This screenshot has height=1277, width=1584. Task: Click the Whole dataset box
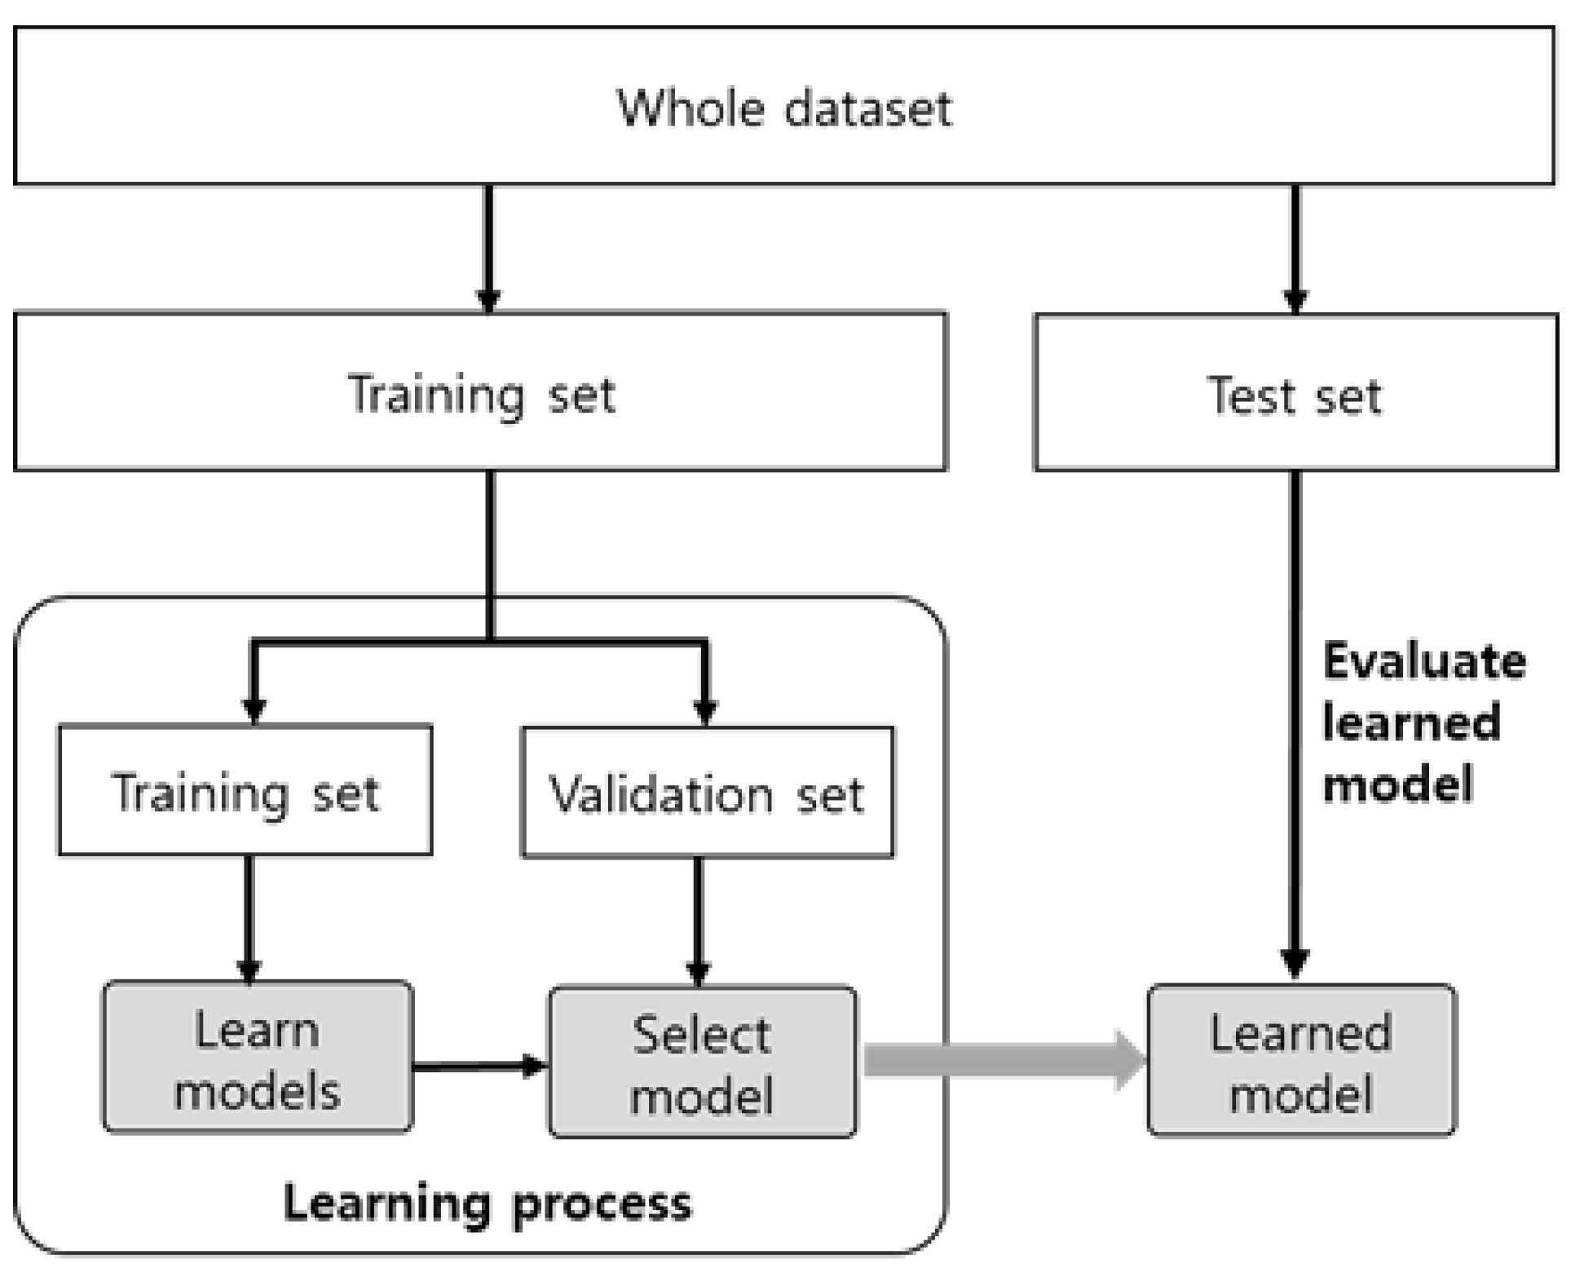[x=783, y=106]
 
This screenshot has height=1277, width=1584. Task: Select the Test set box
[x=1295, y=393]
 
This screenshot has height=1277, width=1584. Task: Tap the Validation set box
[x=707, y=793]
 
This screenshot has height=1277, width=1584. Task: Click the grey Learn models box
[x=257, y=1058]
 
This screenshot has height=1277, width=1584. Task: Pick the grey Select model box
[x=702, y=1063]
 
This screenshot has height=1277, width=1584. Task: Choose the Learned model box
[x=1301, y=1061]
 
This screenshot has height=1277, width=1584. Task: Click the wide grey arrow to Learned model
[x=1003, y=1060]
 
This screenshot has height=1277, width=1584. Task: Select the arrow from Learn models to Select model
[x=477, y=1066]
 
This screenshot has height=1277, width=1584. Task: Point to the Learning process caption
[x=487, y=1203]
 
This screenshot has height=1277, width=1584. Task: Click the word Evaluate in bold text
[x=1423, y=661]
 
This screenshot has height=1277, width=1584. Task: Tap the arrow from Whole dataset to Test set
[x=1295, y=245]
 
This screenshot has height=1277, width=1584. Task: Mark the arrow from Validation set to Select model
[x=698, y=917]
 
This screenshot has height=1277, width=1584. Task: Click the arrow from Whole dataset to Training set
[x=488, y=245]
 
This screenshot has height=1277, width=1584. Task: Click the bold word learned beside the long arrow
[x=1410, y=722]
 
